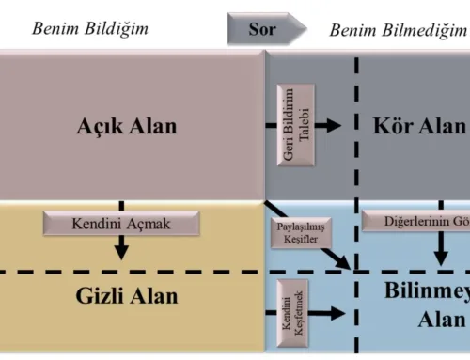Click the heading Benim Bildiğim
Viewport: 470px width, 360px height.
(90, 28)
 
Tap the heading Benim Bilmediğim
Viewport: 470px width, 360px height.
(398, 30)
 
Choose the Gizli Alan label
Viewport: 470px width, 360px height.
(126, 297)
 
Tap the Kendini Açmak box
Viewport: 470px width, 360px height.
(121, 224)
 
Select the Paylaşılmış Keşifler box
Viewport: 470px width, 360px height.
(301, 231)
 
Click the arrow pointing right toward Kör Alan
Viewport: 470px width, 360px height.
(327, 124)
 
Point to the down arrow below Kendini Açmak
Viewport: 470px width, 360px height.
(121, 248)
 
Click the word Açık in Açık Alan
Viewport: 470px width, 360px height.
(102, 126)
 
